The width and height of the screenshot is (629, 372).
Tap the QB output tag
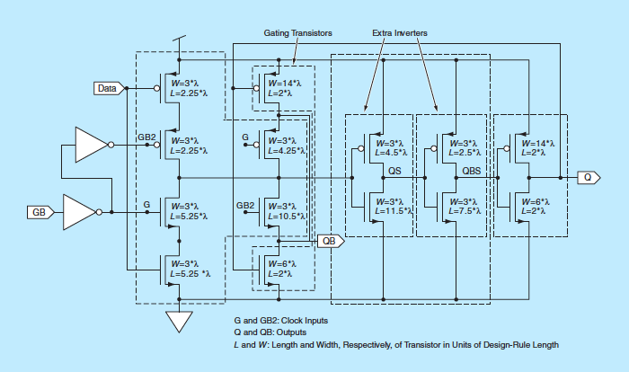pyautogui.click(x=332, y=241)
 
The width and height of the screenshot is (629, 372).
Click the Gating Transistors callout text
pyautogui.click(x=298, y=32)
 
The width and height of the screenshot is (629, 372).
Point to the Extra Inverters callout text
pyautogui.click(x=399, y=32)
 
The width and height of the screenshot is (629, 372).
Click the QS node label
pyautogui.click(x=394, y=170)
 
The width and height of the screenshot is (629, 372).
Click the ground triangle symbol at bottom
pyautogui.click(x=180, y=321)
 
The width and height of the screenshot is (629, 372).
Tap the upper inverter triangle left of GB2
pyautogui.click(x=91, y=144)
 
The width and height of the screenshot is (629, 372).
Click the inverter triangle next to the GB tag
pyautogui.click(x=82, y=213)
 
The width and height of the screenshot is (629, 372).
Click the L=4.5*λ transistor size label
pyautogui.click(x=391, y=152)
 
